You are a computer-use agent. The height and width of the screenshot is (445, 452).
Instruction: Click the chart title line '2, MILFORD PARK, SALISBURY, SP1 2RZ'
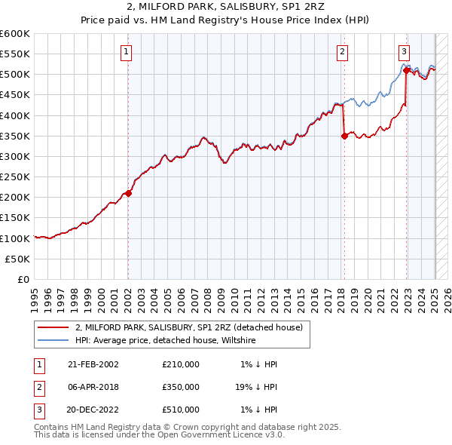pyautogui.click(x=226, y=7)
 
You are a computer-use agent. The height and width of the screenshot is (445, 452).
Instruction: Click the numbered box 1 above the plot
pyautogui.click(x=126, y=52)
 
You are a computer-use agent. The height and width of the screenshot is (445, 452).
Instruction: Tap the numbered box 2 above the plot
pyautogui.click(x=342, y=52)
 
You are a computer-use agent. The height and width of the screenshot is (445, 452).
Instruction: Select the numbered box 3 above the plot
pyautogui.click(x=404, y=52)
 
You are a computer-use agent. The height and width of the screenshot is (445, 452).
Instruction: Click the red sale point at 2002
pyautogui.click(x=129, y=193)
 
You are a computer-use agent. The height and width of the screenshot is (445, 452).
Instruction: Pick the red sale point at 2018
pyautogui.click(x=344, y=136)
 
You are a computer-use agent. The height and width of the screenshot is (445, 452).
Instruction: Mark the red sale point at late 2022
pyautogui.click(x=406, y=71)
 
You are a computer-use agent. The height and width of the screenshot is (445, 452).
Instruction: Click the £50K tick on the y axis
pyautogui.click(x=18, y=259)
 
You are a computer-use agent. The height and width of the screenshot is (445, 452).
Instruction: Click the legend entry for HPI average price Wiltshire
pyautogui.click(x=166, y=340)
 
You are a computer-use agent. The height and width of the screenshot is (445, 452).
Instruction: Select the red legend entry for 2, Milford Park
pyautogui.click(x=188, y=327)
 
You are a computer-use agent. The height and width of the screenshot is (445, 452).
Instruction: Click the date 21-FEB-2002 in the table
pyautogui.click(x=93, y=364)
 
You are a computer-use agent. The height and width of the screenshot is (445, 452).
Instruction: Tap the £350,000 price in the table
pyautogui.click(x=181, y=387)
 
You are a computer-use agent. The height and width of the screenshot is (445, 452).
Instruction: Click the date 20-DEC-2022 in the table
pyautogui.click(x=93, y=410)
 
